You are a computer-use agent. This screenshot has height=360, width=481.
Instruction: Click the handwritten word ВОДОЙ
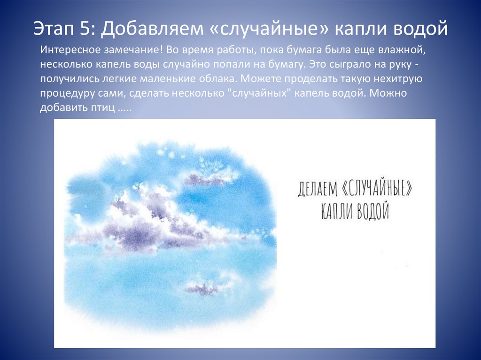pyautogui.click(x=373, y=211)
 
